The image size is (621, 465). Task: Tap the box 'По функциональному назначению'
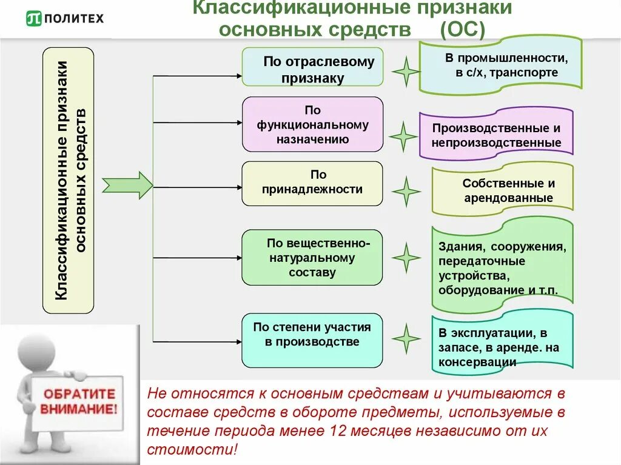pos(313,124)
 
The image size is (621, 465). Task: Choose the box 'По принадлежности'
pos(313,183)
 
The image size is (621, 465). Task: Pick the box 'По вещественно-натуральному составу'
pos(313,257)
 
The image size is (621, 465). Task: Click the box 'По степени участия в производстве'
pos(313,340)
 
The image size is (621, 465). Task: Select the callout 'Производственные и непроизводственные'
pos(496,135)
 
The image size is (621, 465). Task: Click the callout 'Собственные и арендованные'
pos(502,189)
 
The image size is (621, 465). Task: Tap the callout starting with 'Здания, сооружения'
pos(502,268)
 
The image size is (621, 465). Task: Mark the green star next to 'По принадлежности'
pos(406,192)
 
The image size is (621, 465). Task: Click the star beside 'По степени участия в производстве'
pos(406,338)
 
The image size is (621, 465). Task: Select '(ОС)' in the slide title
pos(463,30)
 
